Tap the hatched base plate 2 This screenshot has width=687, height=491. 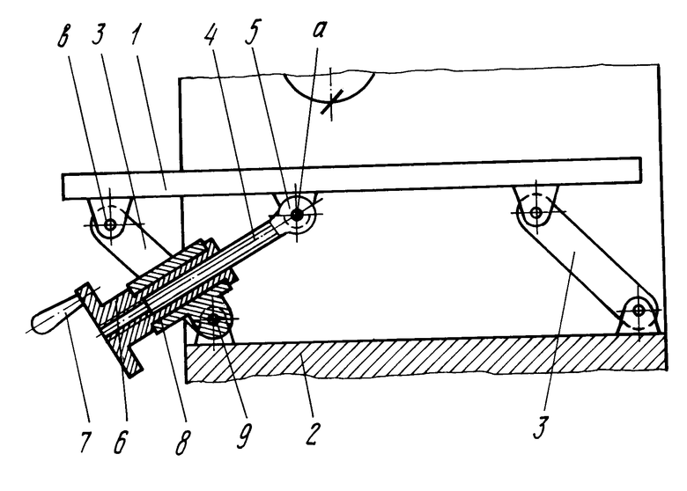pyautogui.click(x=423, y=356)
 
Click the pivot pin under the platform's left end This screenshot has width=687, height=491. pyautogui.click(x=109, y=224)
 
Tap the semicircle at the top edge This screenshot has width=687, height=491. pyautogui.click(x=329, y=88)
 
